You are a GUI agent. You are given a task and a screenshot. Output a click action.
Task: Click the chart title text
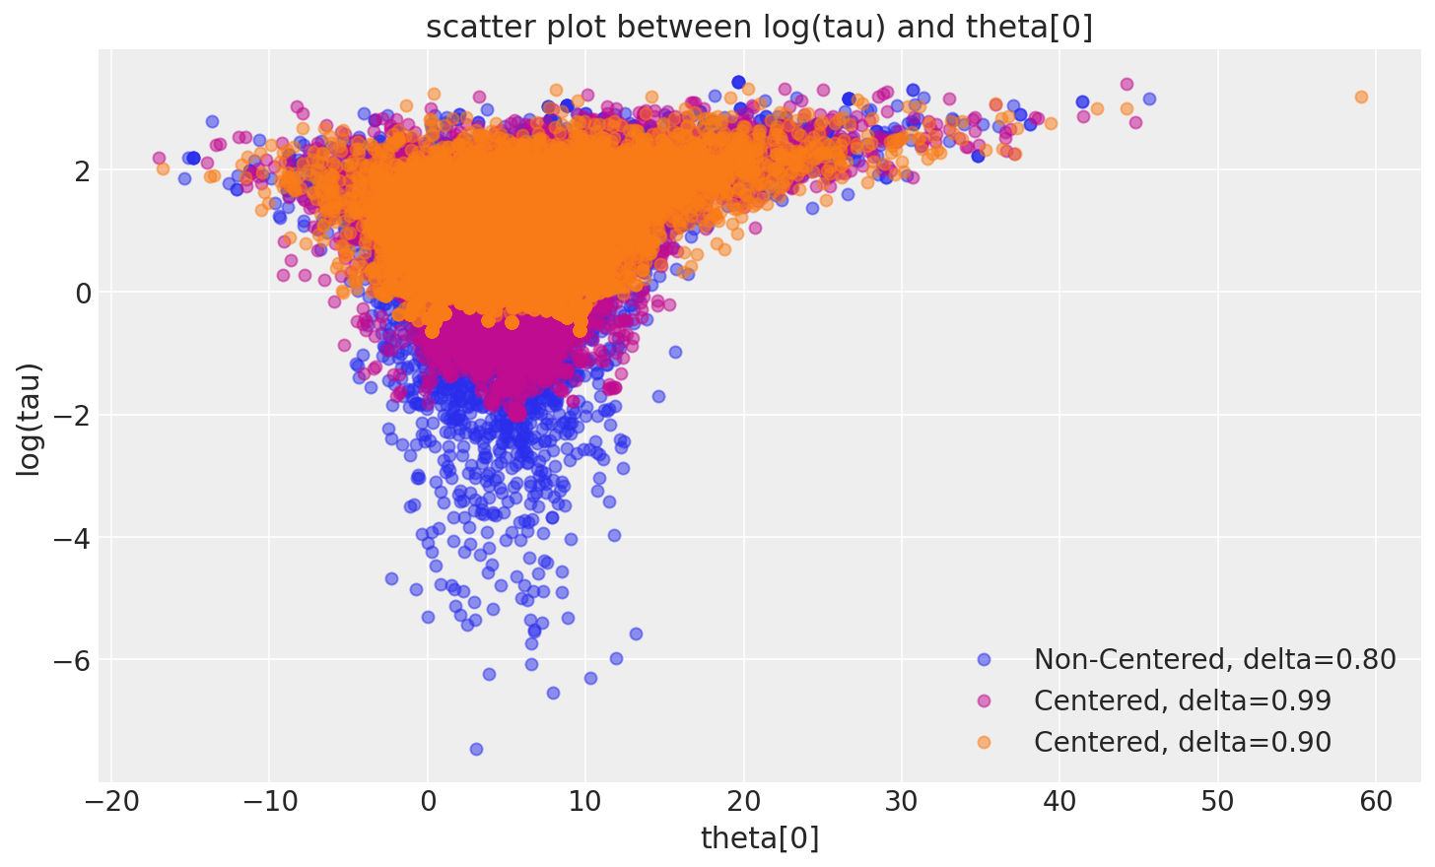pos(759,28)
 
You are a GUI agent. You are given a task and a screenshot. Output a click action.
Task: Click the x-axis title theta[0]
pos(759,838)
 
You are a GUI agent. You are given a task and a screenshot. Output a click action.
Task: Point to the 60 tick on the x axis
pos(1376,803)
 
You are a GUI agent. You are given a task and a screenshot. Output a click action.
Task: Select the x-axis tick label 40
pos(1059,803)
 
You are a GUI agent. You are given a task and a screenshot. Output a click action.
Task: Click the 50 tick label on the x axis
pos(1218,803)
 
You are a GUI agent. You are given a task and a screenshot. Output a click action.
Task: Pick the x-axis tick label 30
pos(902,803)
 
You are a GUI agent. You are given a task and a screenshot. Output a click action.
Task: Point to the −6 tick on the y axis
pos(73,659)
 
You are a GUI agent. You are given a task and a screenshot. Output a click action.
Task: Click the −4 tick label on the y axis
pos(73,537)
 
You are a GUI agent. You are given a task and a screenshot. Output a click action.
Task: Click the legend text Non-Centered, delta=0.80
pos(1214,659)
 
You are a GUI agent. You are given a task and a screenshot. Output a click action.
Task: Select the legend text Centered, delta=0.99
pos(1183,700)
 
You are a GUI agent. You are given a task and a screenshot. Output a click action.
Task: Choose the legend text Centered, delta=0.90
pos(1183,742)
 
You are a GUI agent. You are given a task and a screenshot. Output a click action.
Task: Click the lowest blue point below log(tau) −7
pos(476,749)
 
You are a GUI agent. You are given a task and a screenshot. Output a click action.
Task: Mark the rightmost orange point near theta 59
pos(1361,97)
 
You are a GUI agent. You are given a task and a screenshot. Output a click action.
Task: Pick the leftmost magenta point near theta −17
pos(159,158)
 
